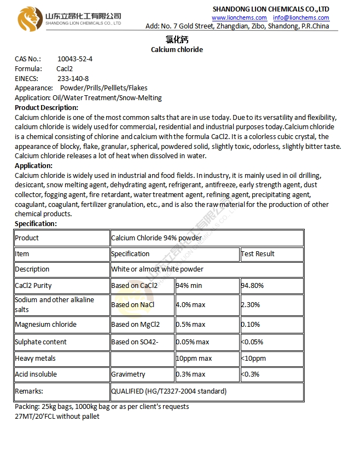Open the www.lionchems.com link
pos(239,18)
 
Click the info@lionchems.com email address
pos(301,18)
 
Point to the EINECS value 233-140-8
pos(73,78)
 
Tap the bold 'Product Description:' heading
pos(47,108)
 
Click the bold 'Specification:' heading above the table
pos(36,224)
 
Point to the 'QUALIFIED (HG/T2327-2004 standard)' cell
pos(169,391)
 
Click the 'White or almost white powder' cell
pos(157,269)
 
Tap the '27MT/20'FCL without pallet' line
pos(57,417)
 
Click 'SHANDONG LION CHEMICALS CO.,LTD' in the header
pos(270,9)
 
